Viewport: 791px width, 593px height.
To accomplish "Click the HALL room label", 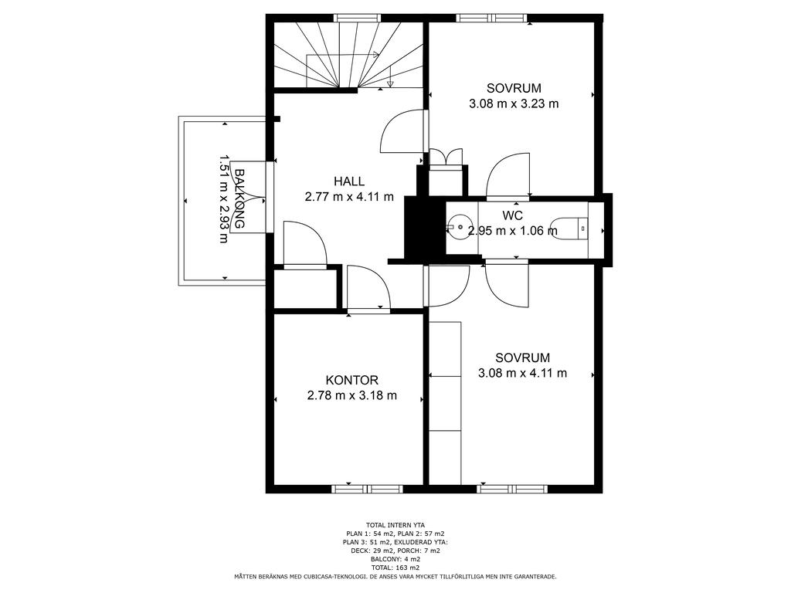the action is (349, 181).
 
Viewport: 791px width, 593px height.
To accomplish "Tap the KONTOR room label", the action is (351, 380).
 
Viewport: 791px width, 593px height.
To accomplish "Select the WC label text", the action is (513, 216).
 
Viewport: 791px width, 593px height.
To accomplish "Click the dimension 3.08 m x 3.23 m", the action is (514, 104).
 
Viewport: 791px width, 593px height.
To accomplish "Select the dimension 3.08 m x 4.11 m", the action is (522, 373).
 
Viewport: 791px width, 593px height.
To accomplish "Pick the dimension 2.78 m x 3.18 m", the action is (351, 396).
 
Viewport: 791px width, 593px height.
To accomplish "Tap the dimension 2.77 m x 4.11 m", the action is (349, 197).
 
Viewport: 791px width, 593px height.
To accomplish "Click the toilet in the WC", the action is (569, 228).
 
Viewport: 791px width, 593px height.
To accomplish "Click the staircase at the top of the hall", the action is (348, 56).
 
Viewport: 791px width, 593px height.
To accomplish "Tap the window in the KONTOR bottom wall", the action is (367, 489).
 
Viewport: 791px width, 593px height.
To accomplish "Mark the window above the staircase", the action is (357, 18).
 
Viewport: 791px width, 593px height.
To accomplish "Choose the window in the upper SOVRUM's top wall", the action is (492, 18).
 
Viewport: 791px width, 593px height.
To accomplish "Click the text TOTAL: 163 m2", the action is (395, 568).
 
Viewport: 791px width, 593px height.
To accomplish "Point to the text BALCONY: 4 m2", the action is (395, 559).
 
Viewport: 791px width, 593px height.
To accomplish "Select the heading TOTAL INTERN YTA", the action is (395, 525).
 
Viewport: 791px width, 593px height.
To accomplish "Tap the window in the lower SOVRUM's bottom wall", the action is (512, 489).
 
